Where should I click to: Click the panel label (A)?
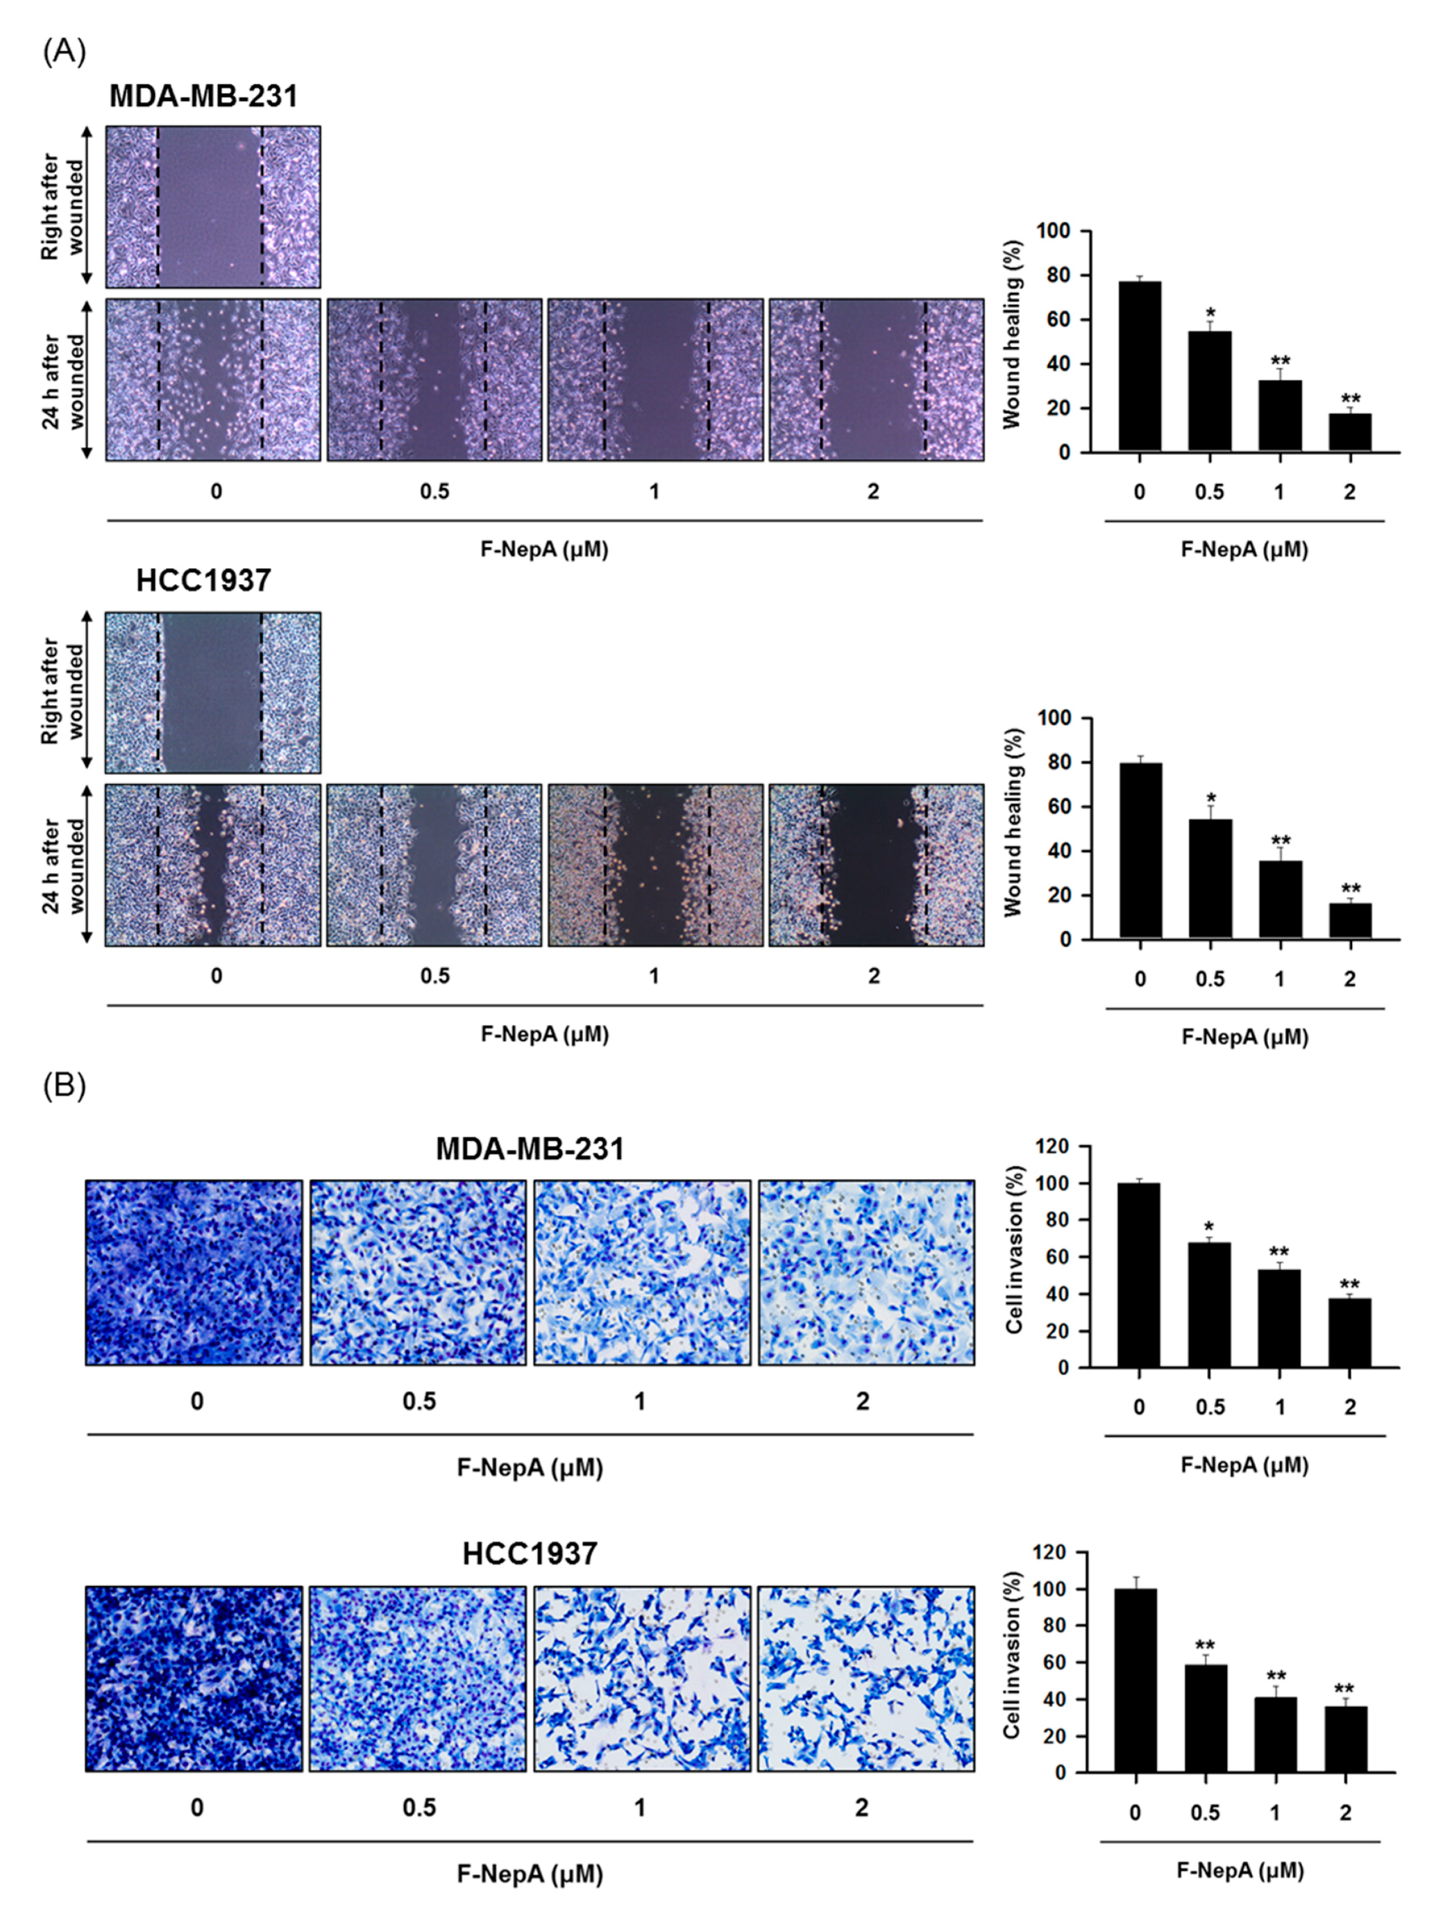[64, 52]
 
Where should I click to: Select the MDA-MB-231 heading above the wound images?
[203, 96]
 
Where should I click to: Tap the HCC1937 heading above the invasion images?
[529, 1553]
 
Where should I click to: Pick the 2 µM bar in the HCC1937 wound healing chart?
[1349, 921]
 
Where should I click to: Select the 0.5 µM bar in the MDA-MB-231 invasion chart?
[1209, 1305]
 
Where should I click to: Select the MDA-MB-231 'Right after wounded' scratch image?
[212, 207]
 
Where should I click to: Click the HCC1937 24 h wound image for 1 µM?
[655, 865]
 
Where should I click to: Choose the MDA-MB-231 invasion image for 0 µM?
[194, 1273]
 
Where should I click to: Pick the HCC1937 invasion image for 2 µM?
[866, 1679]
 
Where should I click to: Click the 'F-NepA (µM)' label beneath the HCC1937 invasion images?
[529, 1874]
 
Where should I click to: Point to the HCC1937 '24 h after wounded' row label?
[65, 865]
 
